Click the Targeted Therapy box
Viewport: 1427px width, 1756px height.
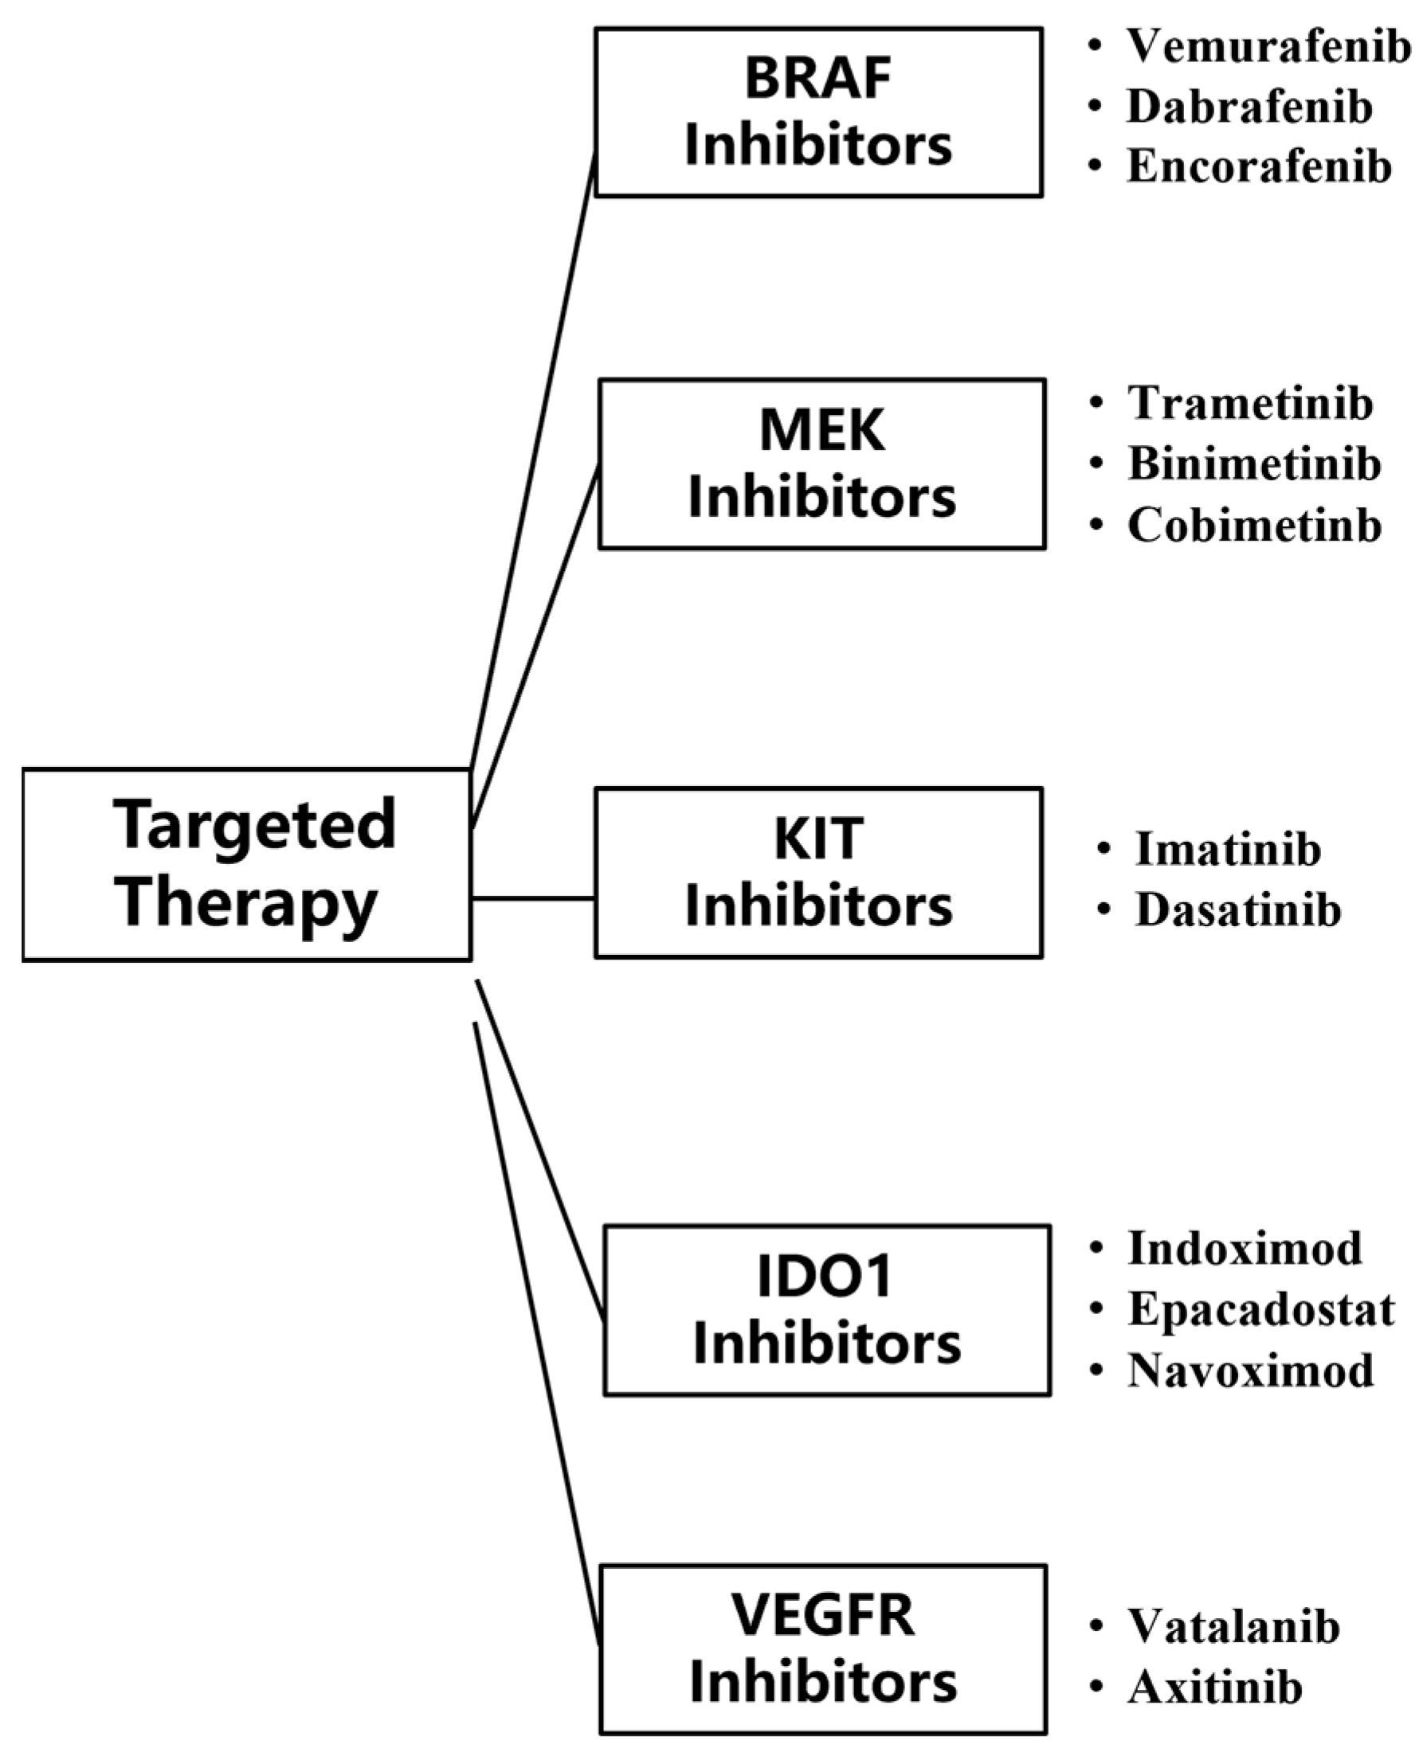pyautogui.click(x=247, y=863)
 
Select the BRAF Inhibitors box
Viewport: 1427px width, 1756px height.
pyautogui.click(x=819, y=112)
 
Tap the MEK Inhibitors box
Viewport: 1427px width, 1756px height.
pyautogui.click(x=822, y=463)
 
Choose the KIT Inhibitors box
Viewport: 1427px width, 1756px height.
pyautogui.click(x=819, y=873)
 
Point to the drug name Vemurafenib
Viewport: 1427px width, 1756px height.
pyautogui.click(x=1268, y=46)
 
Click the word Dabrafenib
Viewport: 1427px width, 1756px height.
pyautogui.click(x=1249, y=107)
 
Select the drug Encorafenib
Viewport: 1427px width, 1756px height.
pyautogui.click(x=1259, y=166)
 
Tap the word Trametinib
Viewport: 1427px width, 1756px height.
pyautogui.click(x=1249, y=404)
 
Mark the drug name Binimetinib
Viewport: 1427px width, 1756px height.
pyautogui.click(x=1253, y=464)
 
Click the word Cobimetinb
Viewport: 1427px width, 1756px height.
pyautogui.click(x=1254, y=525)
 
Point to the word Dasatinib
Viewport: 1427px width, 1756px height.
pyautogui.click(x=1238, y=909)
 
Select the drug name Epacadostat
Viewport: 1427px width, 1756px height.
pyautogui.click(x=1261, y=1309)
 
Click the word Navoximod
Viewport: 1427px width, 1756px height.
pyautogui.click(x=1249, y=1370)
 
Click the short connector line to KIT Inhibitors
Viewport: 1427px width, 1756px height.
pyautogui.click(x=533, y=898)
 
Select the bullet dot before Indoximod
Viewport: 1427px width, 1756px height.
pyautogui.click(x=1096, y=1248)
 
